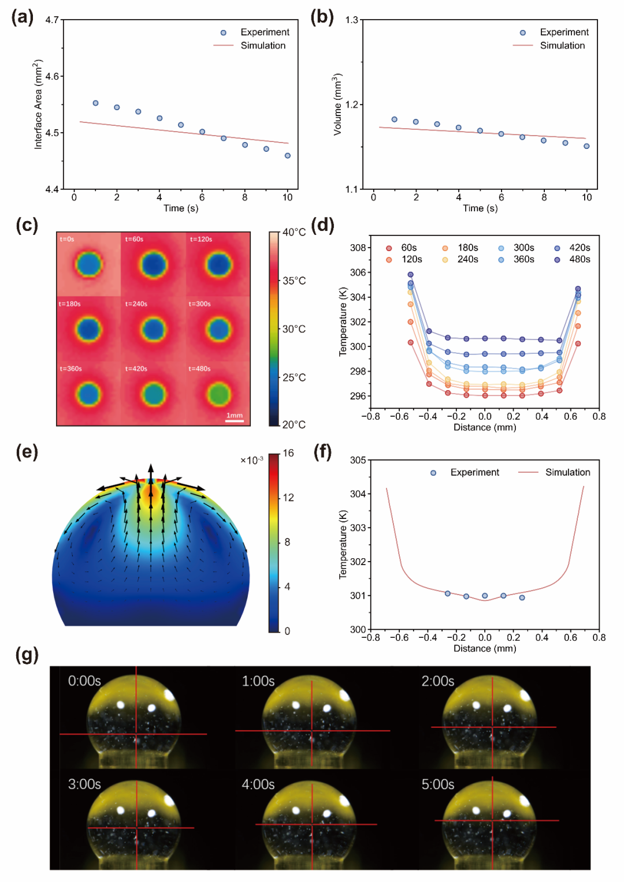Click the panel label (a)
pyautogui.click(x=23, y=18)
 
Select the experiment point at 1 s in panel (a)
pyautogui.click(x=95, y=103)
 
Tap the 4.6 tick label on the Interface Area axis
pyautogui.click(x=52, y=76)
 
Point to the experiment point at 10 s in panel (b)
pyautogui.click(x=586, y=146)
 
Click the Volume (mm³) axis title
pyautogui.click(x=338, y=104)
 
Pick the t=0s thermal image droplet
pyautogui.click(x=89, y=264)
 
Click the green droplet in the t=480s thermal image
pyautogui.click(x=219, y=394)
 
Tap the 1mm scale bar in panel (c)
pyautogui.click(x=235, y=421)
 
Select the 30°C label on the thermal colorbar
pyautogui.click(x=294, y=329)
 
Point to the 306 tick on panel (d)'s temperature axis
pyautogui.click(x=358, y=272)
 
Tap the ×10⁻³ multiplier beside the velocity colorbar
pyautogui.click(x=252, y=460)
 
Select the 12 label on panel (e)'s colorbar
pyautogui.click(x=288, y=498)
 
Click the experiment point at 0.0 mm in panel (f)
pyautogui.click(x=485, y=596)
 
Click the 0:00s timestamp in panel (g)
pyautogui.click(x=84, y=681)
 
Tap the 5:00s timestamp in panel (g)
pyautogui.click(x=437, y=784)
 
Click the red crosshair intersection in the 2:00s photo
pyautogui.click(x=492, y=727)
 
